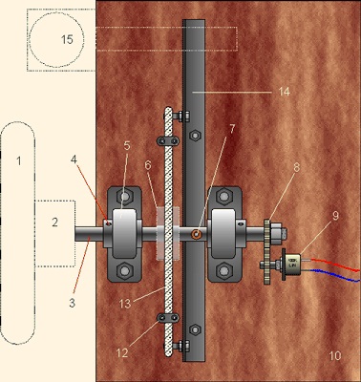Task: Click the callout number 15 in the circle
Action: click(67, 39)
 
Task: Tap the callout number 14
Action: click(285, 92)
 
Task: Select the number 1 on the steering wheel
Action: click(19, 160)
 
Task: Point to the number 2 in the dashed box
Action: click(55, 223)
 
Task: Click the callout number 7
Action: click(232, 129)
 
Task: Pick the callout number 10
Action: click(334, 355)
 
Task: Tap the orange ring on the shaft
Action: click(196, 234)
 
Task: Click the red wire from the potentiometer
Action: click(335, 264)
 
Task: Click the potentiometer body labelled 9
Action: click(293, 263)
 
